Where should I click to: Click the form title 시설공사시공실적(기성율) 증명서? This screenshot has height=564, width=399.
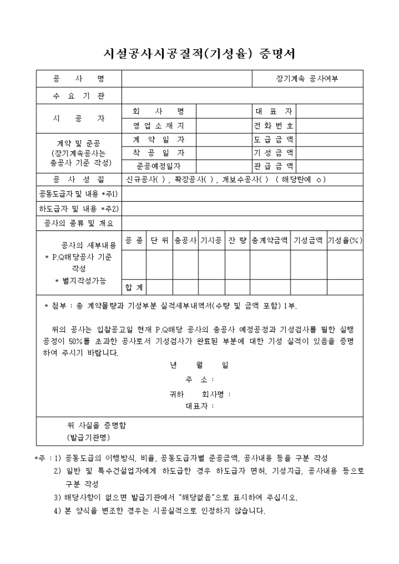pyautogui.click(x=199, y=53)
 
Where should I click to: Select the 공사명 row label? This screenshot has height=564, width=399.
pyautogui.click(x=79, y=79)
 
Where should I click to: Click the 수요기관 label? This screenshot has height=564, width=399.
pyautogui.click(x=79, y=96)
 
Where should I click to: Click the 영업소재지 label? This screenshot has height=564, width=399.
pyautogui.click(x=158, y=125)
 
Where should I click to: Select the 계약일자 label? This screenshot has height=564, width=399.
pyautogui.click(x=158, y=140)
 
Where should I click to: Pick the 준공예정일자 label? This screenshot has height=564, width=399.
pyautogui.click(x=158, y=166)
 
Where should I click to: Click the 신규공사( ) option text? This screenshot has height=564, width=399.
pyautogui.click(x=146, y=179)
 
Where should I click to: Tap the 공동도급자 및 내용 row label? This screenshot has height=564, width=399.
pyautogui.click(x=79, y=193)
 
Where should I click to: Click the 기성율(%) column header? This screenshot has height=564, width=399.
pyautogui.click(x=344, y=240)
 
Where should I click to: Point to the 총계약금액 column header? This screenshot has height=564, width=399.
pyautogui.click(x=269, y=240)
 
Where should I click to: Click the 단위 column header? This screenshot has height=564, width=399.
pyautogui.click(x=159, y=240)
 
